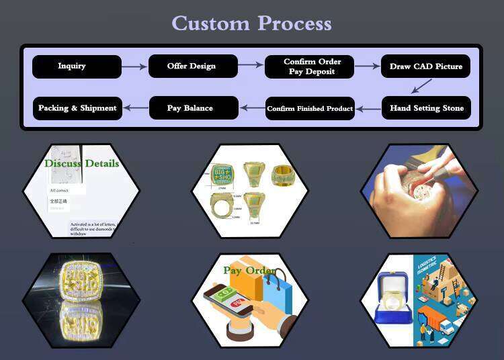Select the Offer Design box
click(x=192, y=66)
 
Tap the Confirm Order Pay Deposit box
click(x=312, y=66)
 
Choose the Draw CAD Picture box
click(x=426, y=66)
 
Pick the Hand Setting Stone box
click(x=426, y=108)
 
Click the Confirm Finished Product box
click(x=310, y=108)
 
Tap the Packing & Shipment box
click(x=77, y=108)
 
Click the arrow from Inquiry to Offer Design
click(x=134, y=66)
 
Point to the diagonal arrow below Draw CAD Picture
click(x=421, y=86)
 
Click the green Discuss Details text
click(x=81, y=163)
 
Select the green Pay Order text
click(x=249, y=271)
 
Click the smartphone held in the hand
click(x=230, y=302)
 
